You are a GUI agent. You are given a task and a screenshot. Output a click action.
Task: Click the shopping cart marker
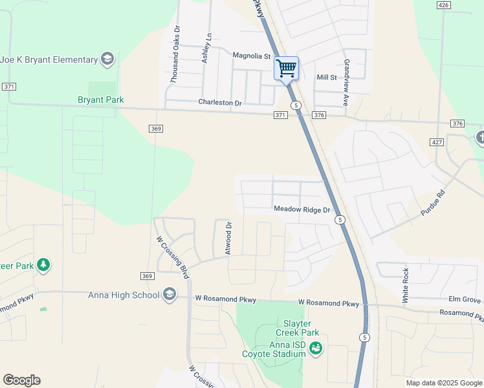pos(286,68)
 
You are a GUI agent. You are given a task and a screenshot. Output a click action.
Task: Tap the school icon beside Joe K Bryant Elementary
pos(107,60)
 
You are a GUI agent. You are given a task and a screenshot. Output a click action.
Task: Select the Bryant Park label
pos(100,100)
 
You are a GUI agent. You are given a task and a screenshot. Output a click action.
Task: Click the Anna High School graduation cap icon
pos(170,295)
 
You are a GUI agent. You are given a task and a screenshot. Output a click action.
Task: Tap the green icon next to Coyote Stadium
pos(316,349)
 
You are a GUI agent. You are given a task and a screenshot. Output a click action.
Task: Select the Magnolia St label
pos(250,56)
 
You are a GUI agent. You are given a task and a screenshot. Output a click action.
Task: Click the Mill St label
pos(327,78)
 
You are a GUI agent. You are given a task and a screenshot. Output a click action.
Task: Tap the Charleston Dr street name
pos(220,103)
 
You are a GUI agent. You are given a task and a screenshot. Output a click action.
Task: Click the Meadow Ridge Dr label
pos(302,209)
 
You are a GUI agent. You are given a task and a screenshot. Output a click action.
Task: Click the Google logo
pos(21,380)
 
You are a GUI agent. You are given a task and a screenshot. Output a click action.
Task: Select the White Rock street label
pos(406,285)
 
